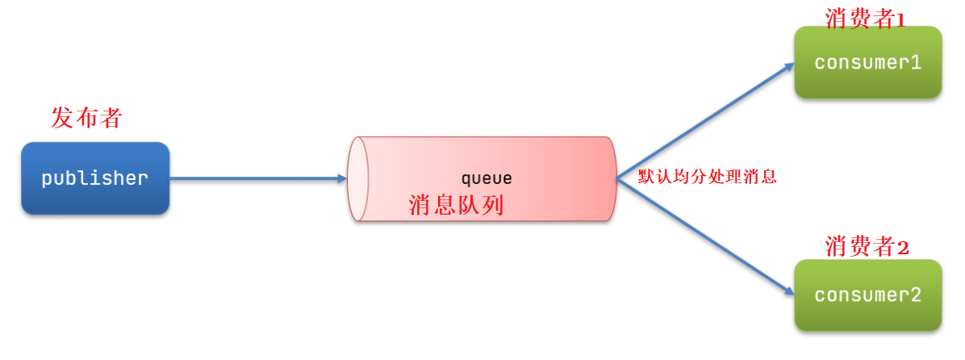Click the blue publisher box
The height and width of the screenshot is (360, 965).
point(95,178)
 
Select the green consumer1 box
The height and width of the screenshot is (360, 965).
point(867,62)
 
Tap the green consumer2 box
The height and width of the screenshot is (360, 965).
point(867,295)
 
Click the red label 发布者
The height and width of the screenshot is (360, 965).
point(86,118)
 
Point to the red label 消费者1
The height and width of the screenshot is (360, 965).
point(865,18)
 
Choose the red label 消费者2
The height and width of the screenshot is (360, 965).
point(867,247)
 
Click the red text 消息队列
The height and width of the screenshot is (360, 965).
point(456,205)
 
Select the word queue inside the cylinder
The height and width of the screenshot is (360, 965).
point(486,178)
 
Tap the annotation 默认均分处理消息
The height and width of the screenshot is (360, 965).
point(707,177)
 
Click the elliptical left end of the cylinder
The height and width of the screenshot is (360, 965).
point(357,178)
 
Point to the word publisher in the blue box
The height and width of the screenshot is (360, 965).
point(95,178)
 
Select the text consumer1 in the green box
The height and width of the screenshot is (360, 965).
point(867,63)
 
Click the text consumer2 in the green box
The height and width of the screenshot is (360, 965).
point(867,295)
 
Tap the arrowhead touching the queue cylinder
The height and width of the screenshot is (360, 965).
point(341,178)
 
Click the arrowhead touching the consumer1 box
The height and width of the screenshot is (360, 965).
point(789,68)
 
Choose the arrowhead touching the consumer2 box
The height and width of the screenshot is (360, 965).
point(788,292)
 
